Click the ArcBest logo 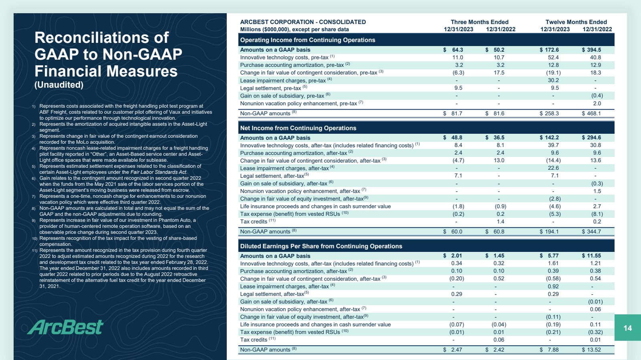pyautogui.click(x=66, y=327)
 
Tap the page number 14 pyautogui.click(x=627, y=328)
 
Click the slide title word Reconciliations pyautogui.click(x=101, y=38)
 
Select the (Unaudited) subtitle pyautogui.click(x=59, y=85)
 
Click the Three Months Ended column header pyautogui.click(x=479, y=22)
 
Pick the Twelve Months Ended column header pyautogui.click(x=576, y=22)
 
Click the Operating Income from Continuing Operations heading pyautogui.click(x=307, y=40)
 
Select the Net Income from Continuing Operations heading pyautogui.click(x=298, y=128)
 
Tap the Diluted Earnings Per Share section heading pyautogui.click(x=321, y=246)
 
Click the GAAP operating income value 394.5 pyautogui.click(x=594, y=50)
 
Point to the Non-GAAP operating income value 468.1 pyautogui.click(x=594, y=114)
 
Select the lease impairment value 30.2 pyautogui.click(x=553, y=80)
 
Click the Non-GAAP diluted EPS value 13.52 pyautogui.click(x=594, y=350)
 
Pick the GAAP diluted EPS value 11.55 pyautogui.click(x=594, y=256)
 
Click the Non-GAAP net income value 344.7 pyautogui.click(x=594, y=232)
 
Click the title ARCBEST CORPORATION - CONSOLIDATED pyautogui.click(x=302, y=22)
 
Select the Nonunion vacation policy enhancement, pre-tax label pyautogui.click(x=298, y=104)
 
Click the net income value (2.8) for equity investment pyautogui.click(x=554, y=199)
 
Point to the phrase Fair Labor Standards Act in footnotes pyautogui.click(x=159, y=172)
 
